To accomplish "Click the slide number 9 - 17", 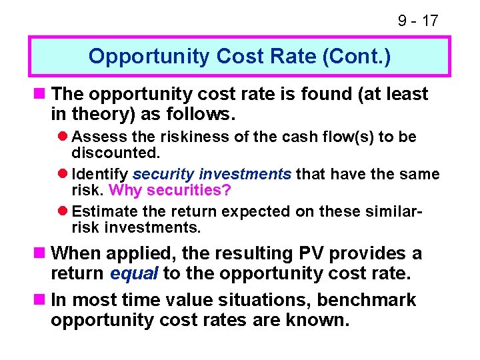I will (418, 21).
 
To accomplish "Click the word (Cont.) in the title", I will (357, 56).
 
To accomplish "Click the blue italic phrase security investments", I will (212, 174).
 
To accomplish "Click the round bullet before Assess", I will (63, 137).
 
